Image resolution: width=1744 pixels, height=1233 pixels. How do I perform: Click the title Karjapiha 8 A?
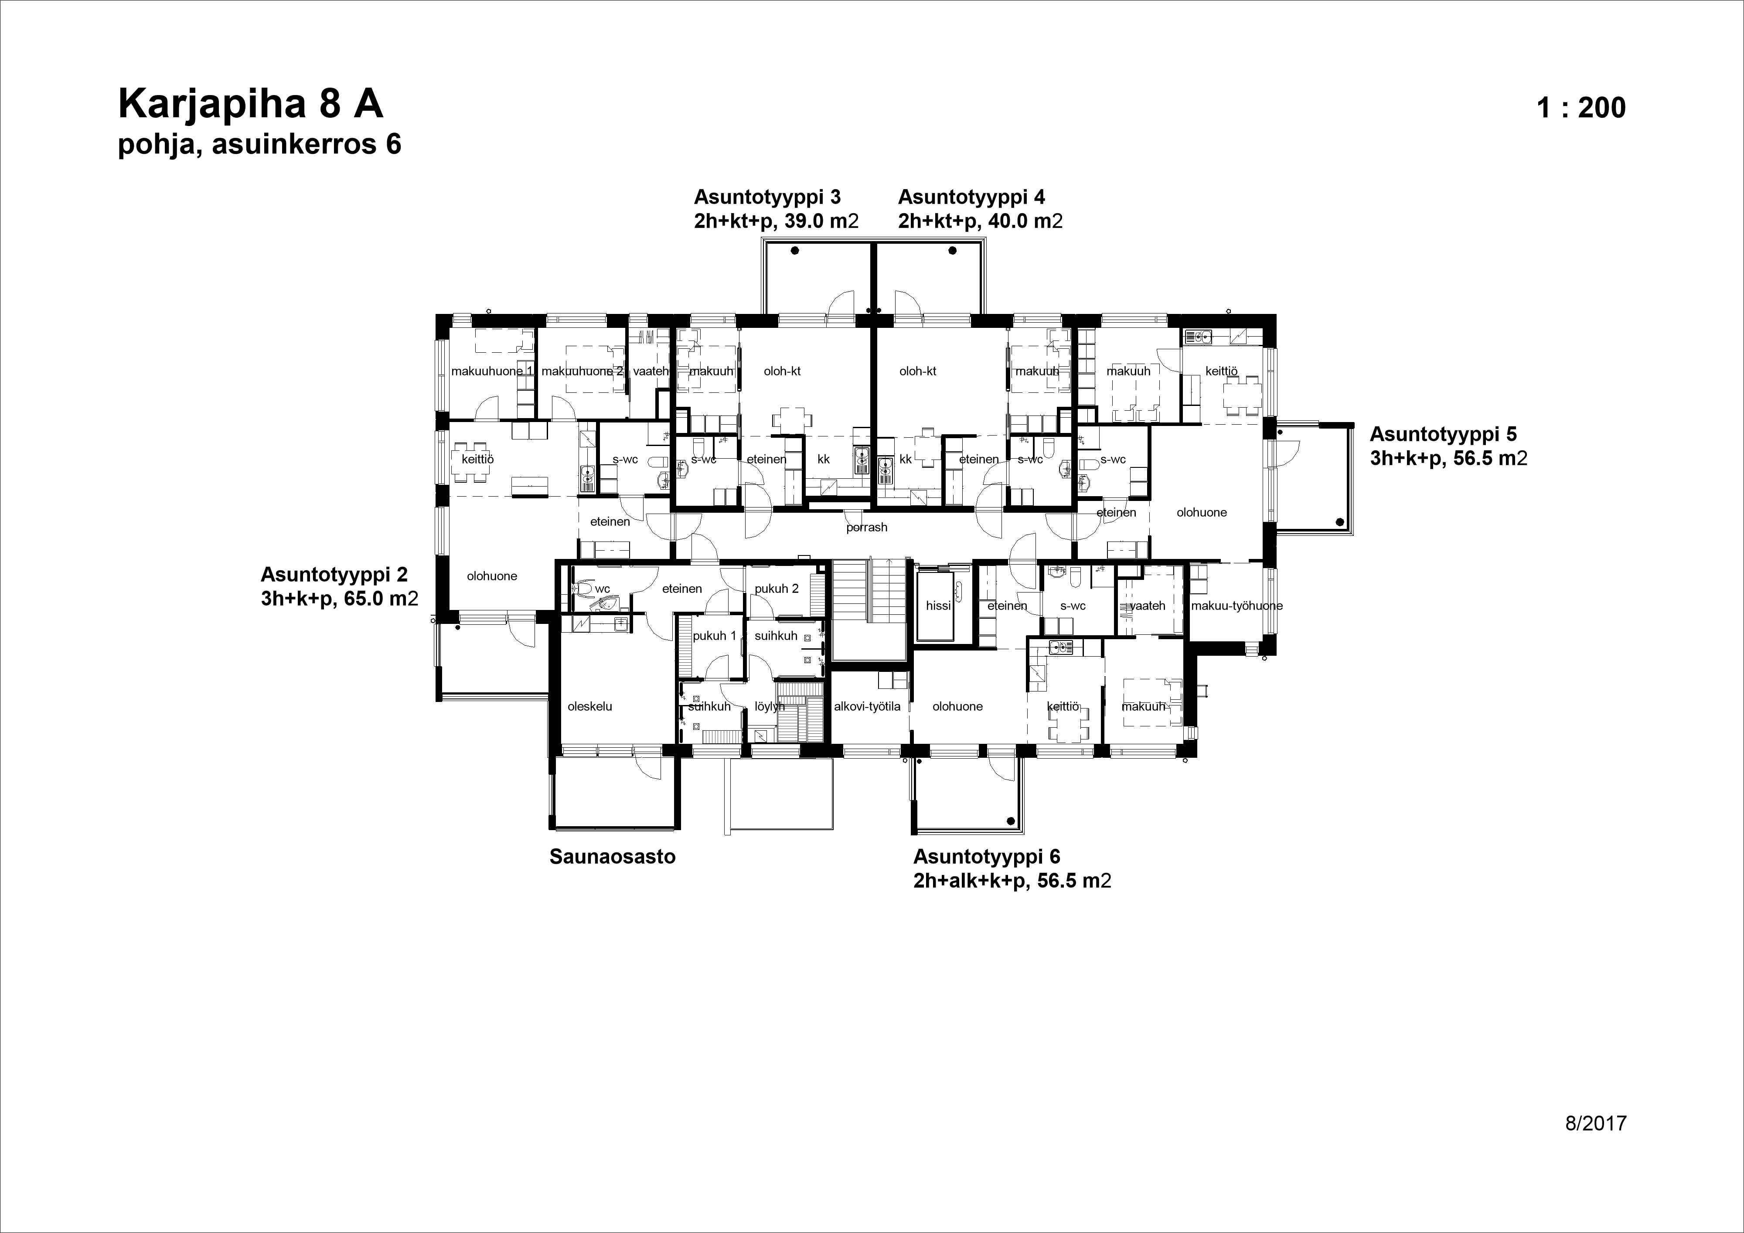[x=251, y=104]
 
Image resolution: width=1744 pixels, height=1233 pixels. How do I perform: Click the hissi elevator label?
[x=938, y=606]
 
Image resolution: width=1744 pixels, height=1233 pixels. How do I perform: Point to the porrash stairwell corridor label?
[x=867, y=527]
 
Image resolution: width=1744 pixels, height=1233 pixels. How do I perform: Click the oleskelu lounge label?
[x=589, y=706]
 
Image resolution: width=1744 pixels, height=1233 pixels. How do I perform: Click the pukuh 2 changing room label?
[x=776, y=589]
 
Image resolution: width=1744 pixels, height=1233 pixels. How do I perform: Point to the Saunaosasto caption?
[x=612, y=857]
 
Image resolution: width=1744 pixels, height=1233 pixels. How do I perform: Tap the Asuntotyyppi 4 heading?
[x=971, y=198]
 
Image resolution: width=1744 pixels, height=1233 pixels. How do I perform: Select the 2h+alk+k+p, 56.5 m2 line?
[x=1012, y=881]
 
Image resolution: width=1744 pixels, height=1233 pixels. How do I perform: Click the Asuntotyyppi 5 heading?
[x=1442, y=435]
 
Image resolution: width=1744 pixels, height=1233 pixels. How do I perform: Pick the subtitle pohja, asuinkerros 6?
[x=259, y=144]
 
